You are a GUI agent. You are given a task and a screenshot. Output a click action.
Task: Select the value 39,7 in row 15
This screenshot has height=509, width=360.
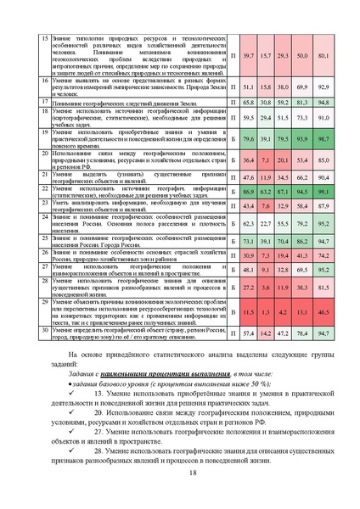249,55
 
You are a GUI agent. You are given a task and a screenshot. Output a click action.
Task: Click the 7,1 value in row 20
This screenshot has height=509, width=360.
267,159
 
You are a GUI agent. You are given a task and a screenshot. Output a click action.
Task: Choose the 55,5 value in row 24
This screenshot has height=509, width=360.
284,223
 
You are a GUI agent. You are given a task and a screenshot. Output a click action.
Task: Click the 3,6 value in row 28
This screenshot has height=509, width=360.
267,288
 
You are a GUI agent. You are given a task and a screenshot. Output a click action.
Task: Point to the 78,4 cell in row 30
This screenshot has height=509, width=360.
303,334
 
